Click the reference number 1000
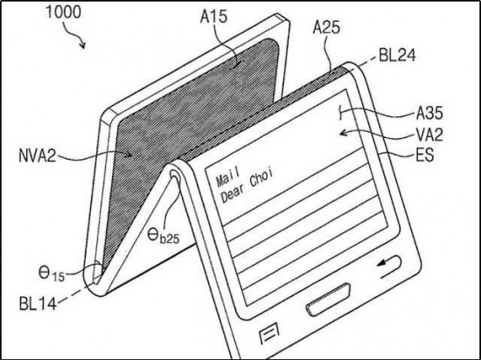pos(63,12)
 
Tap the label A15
pos(213,17)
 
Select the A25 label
pos(326,27)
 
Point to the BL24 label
pos(397,55)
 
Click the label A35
pos(429,113)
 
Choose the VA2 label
pos(429,135)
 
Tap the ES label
pos(425,155)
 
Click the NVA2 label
pos(38,156)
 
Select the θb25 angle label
pos(163,236)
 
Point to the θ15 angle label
pos(52,273)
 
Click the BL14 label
pos(38,304)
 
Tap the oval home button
pos(328,300)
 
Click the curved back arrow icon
pos(390,266)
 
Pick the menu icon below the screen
pos(269,333)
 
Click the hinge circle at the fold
pos(176,176)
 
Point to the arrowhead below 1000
pos(82,45)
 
